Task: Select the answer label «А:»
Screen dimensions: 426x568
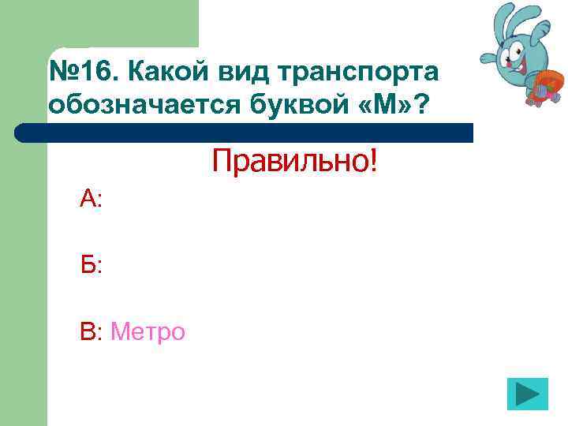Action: (x=91, y=200)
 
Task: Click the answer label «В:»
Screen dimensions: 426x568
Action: (x=91, y=332)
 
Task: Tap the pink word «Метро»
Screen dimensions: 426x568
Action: (x=148, y=332)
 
